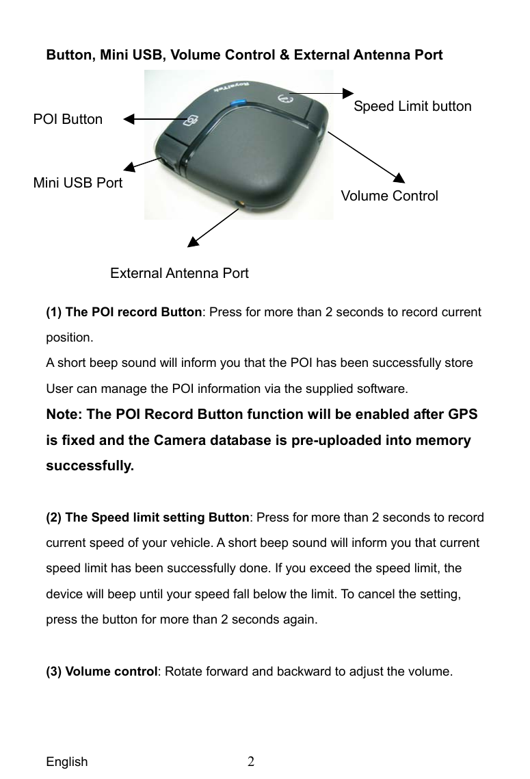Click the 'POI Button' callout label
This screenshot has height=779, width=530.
click(68, 120)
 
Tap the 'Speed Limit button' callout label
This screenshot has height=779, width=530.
click(412, 107)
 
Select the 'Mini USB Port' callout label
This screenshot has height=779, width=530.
click(78, 183)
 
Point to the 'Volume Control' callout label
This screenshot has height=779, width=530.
click(389, 196)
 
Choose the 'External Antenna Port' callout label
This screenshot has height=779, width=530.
click(179, 274)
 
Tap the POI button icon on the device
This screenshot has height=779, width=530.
click(191, 119)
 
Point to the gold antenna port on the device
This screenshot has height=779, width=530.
click(239, 203)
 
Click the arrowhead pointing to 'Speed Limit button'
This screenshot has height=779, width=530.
click(348, 93)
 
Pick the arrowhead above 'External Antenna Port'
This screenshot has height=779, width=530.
click(194, 240)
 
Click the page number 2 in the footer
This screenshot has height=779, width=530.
click(252, 761)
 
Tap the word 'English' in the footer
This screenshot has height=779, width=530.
click(67, 762)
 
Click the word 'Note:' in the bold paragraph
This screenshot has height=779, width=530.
click(63, 415)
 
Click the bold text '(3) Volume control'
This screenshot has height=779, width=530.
click(102, 671)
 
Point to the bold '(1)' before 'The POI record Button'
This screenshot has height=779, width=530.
click(54, 312)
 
